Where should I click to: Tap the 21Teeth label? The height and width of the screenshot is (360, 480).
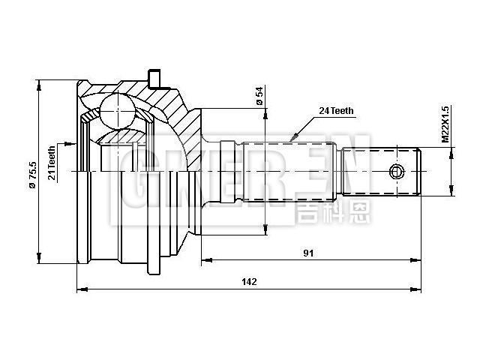click(52, 163)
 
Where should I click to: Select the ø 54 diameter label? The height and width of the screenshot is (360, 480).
click(259, 97)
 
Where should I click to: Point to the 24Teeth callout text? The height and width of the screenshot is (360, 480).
click(336, 110)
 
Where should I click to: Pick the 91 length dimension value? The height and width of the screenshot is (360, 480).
click(308, 253)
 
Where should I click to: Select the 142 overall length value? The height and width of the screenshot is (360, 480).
click(249, 281)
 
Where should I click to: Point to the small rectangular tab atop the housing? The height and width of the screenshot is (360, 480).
click(155, 78)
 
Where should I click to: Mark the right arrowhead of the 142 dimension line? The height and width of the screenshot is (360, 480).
click(418, 289)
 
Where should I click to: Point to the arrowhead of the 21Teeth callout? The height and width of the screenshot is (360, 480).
click(73, 143)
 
